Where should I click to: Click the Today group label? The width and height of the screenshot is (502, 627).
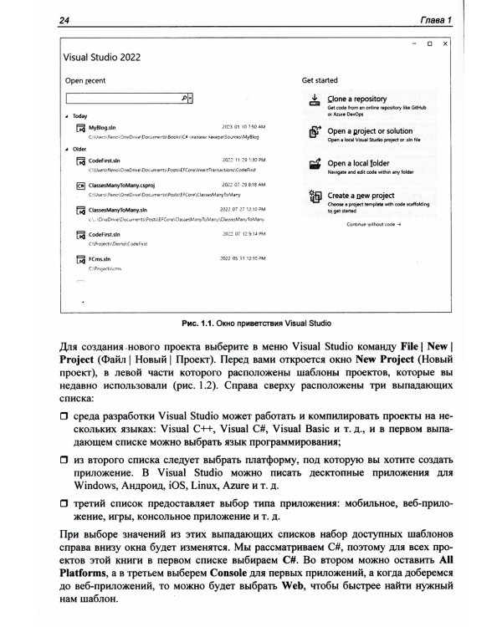pyautogui.click(x=80, y=115)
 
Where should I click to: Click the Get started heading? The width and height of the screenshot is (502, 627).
pyautogui.click(x=320, y=80)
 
